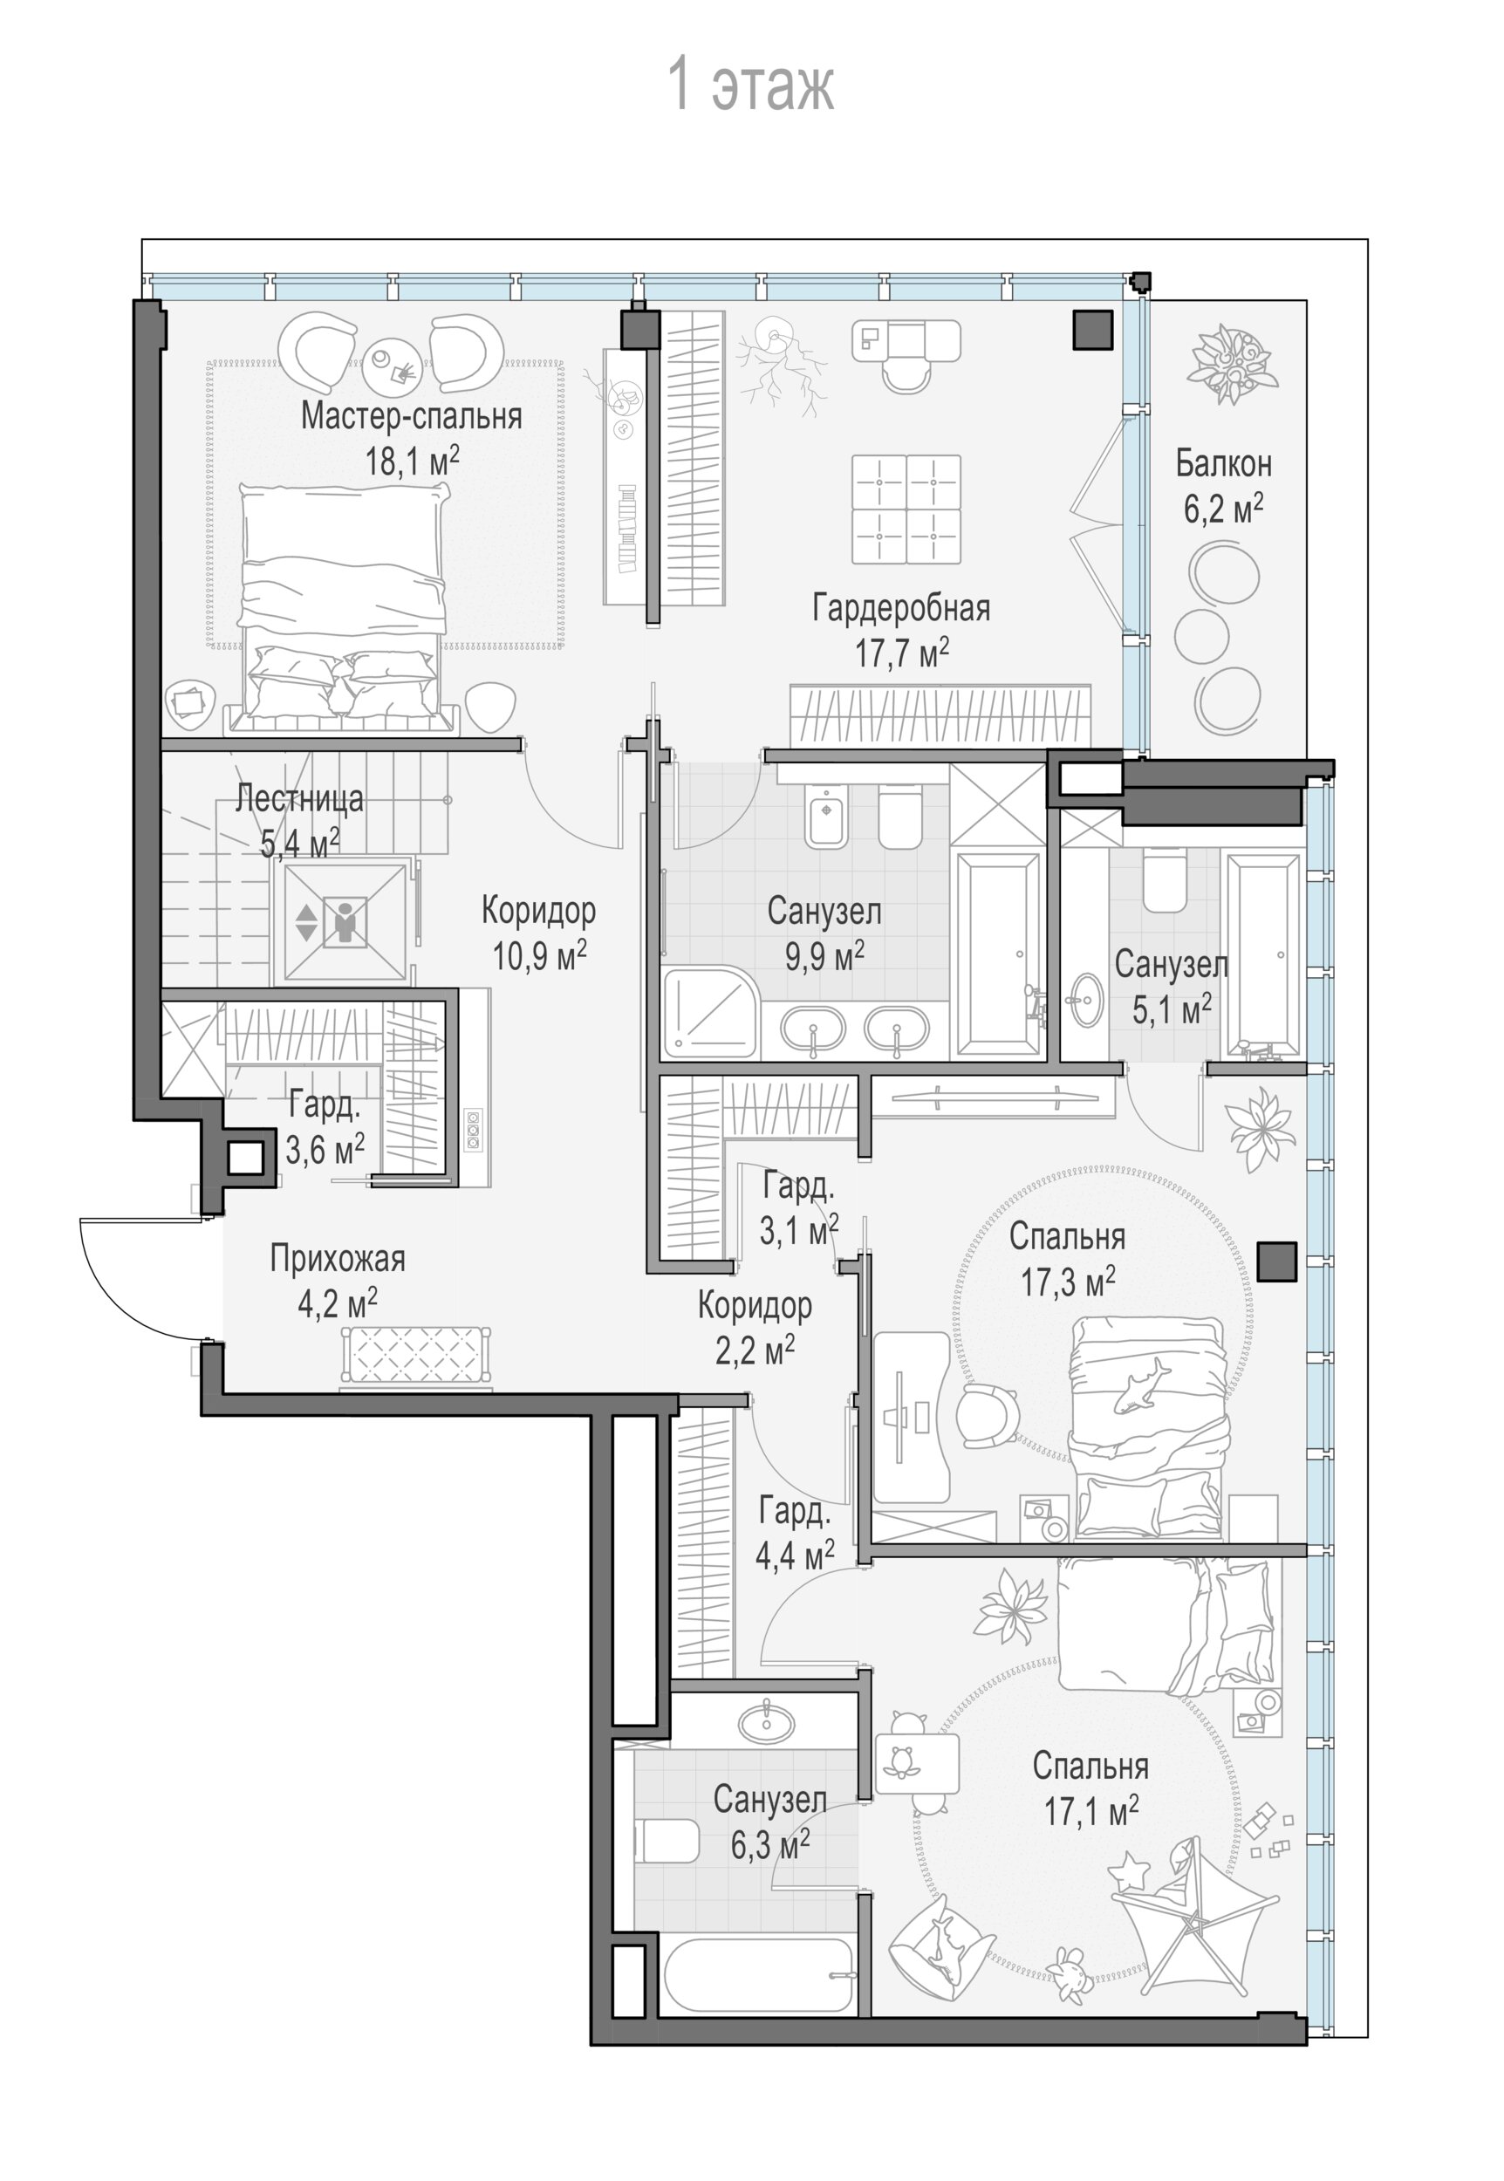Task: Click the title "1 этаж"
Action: coord(751,85)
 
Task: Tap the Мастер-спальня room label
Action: coord(412,415)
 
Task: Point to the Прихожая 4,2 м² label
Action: coord(338,1282)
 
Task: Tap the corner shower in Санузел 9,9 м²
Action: coord(709,1012)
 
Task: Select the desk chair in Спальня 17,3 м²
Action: coord(988,1416)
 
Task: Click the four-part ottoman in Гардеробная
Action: coord(906,509)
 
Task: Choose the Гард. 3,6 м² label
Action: coord(325,1127)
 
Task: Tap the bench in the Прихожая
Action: coord(415,1357)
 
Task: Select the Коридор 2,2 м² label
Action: coord(755,1329)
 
